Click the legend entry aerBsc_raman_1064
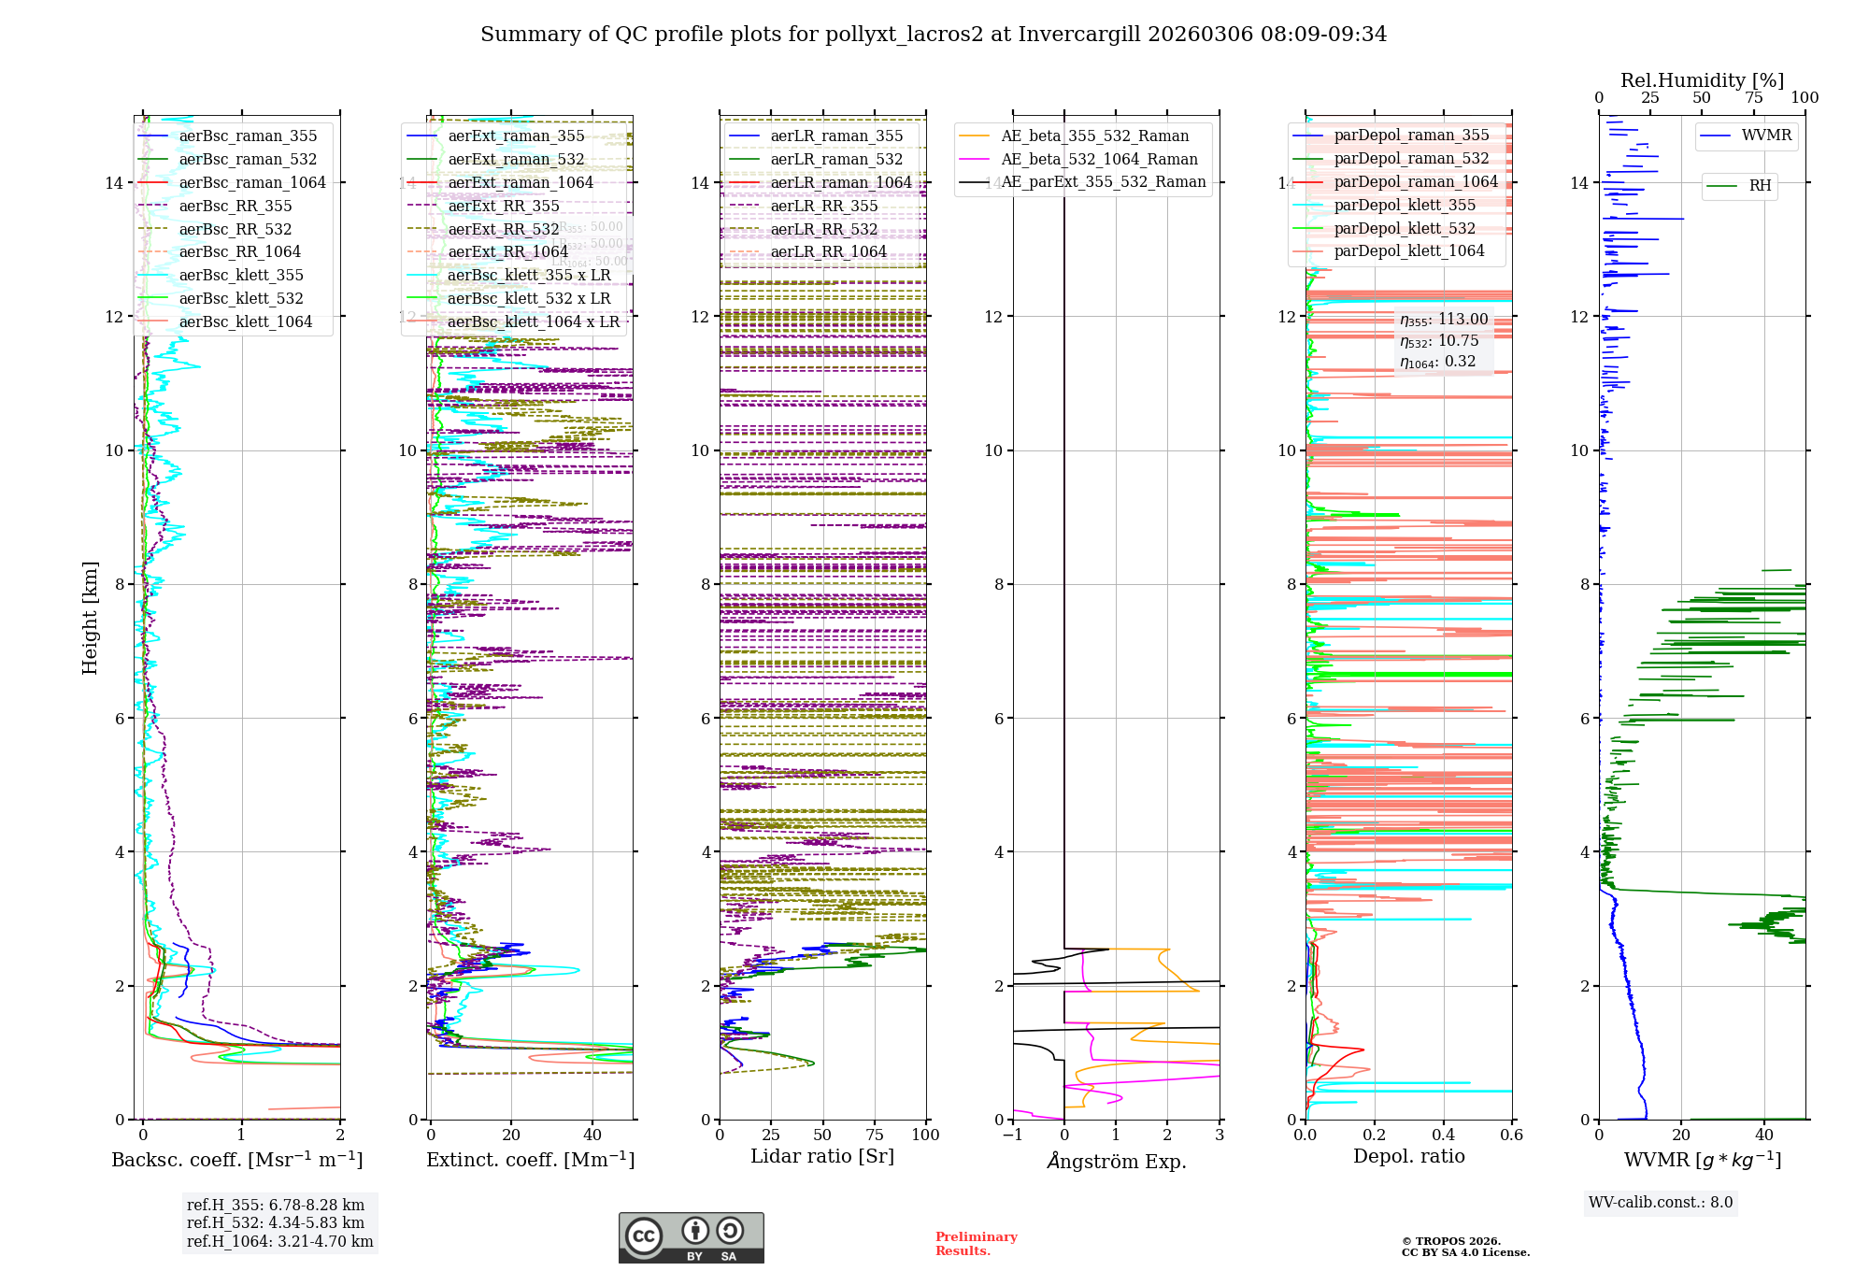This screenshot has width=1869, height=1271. [x=252, y=182]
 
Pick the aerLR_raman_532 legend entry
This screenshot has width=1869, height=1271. [x=836, y=159]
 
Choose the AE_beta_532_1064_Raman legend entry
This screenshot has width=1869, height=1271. [x=1099, y=159]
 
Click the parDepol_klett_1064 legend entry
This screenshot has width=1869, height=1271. [x=1408, y=250]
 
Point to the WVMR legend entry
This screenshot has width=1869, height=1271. [x=1766, y=136]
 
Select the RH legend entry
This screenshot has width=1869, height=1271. [x=1760, y=185]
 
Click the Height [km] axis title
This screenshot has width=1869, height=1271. [x=90, y=617]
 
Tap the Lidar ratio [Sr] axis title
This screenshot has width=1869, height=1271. [x=822, y=1156]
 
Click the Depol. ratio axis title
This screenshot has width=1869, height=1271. [x=1408, y=1156]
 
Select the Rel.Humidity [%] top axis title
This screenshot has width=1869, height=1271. [x=1702, y=80]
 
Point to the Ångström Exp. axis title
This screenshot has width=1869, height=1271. [x=1116, y=1161]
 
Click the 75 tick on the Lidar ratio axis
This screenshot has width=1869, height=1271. [x=875, y=1135]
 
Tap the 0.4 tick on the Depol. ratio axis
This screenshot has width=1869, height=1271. [x=1443, y=1135]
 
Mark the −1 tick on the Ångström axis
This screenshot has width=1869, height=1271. [x=1013, y=1135]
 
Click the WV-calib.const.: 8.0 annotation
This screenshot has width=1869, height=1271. [x=1660, y=1203]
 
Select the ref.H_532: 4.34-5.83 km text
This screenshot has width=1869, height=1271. [x=276, y=1222]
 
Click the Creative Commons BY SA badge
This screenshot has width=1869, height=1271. [x=691, y=1237]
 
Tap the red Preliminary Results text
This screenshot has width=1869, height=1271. [x=976, y=1243]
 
